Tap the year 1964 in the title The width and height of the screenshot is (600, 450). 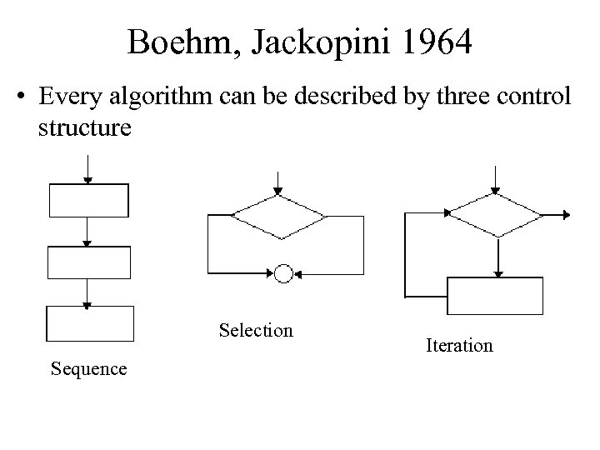click(432, 42)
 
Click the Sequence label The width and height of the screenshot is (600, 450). click(89, 368)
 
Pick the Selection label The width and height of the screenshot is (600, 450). click(256, 331)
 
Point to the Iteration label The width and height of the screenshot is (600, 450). click(459, 345)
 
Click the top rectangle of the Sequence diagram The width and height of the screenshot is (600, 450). click(89, 201)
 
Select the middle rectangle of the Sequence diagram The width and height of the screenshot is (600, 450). click(89, 262)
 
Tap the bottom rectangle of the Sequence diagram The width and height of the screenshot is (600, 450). click(89, 323)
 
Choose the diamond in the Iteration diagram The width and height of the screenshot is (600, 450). click(497, 215)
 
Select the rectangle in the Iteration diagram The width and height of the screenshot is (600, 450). click(496, 296)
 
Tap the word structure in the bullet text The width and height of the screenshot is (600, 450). click(84, 130)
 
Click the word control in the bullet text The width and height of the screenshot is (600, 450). click(537, 98)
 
